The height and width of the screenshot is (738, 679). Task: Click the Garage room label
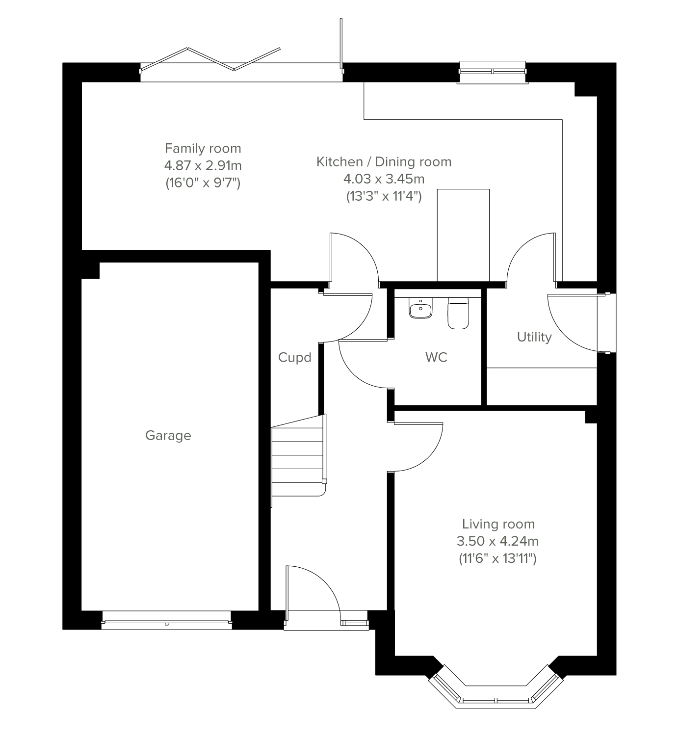tap(168, 436)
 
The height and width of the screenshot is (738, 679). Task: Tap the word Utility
tap(534, 337)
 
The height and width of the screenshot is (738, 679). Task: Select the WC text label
tap(436, 357)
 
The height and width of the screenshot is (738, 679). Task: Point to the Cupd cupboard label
tap(295, 358)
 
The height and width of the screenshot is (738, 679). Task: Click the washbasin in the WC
tap(420, 308)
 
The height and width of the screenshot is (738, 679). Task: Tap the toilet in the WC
tap(458, 313)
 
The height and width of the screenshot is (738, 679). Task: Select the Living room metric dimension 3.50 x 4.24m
tap(497, 541)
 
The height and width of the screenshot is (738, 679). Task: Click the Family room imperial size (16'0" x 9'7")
tap(203, 183)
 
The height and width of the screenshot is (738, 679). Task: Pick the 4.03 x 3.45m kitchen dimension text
tap(384, 179)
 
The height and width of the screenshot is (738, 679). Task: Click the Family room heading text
tap(203, 149)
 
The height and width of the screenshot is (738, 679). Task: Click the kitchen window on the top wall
tap(493, 72)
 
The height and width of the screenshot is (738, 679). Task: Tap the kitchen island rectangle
tap(463, 235)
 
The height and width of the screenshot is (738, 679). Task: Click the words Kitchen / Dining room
tap(384, 162)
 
